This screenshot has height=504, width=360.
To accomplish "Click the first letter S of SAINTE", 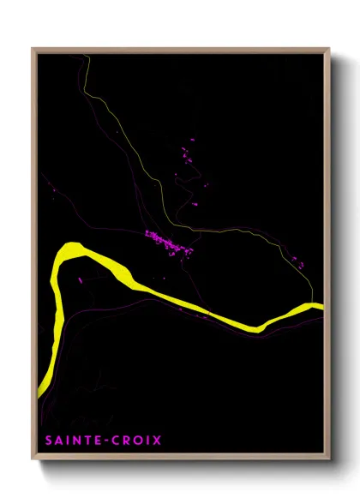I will (47, 441).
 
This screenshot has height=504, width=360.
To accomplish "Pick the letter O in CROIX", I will (136, 441).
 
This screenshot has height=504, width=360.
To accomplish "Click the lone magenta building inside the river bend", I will (81, 279).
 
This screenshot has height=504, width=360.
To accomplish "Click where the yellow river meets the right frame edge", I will (321, 306).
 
